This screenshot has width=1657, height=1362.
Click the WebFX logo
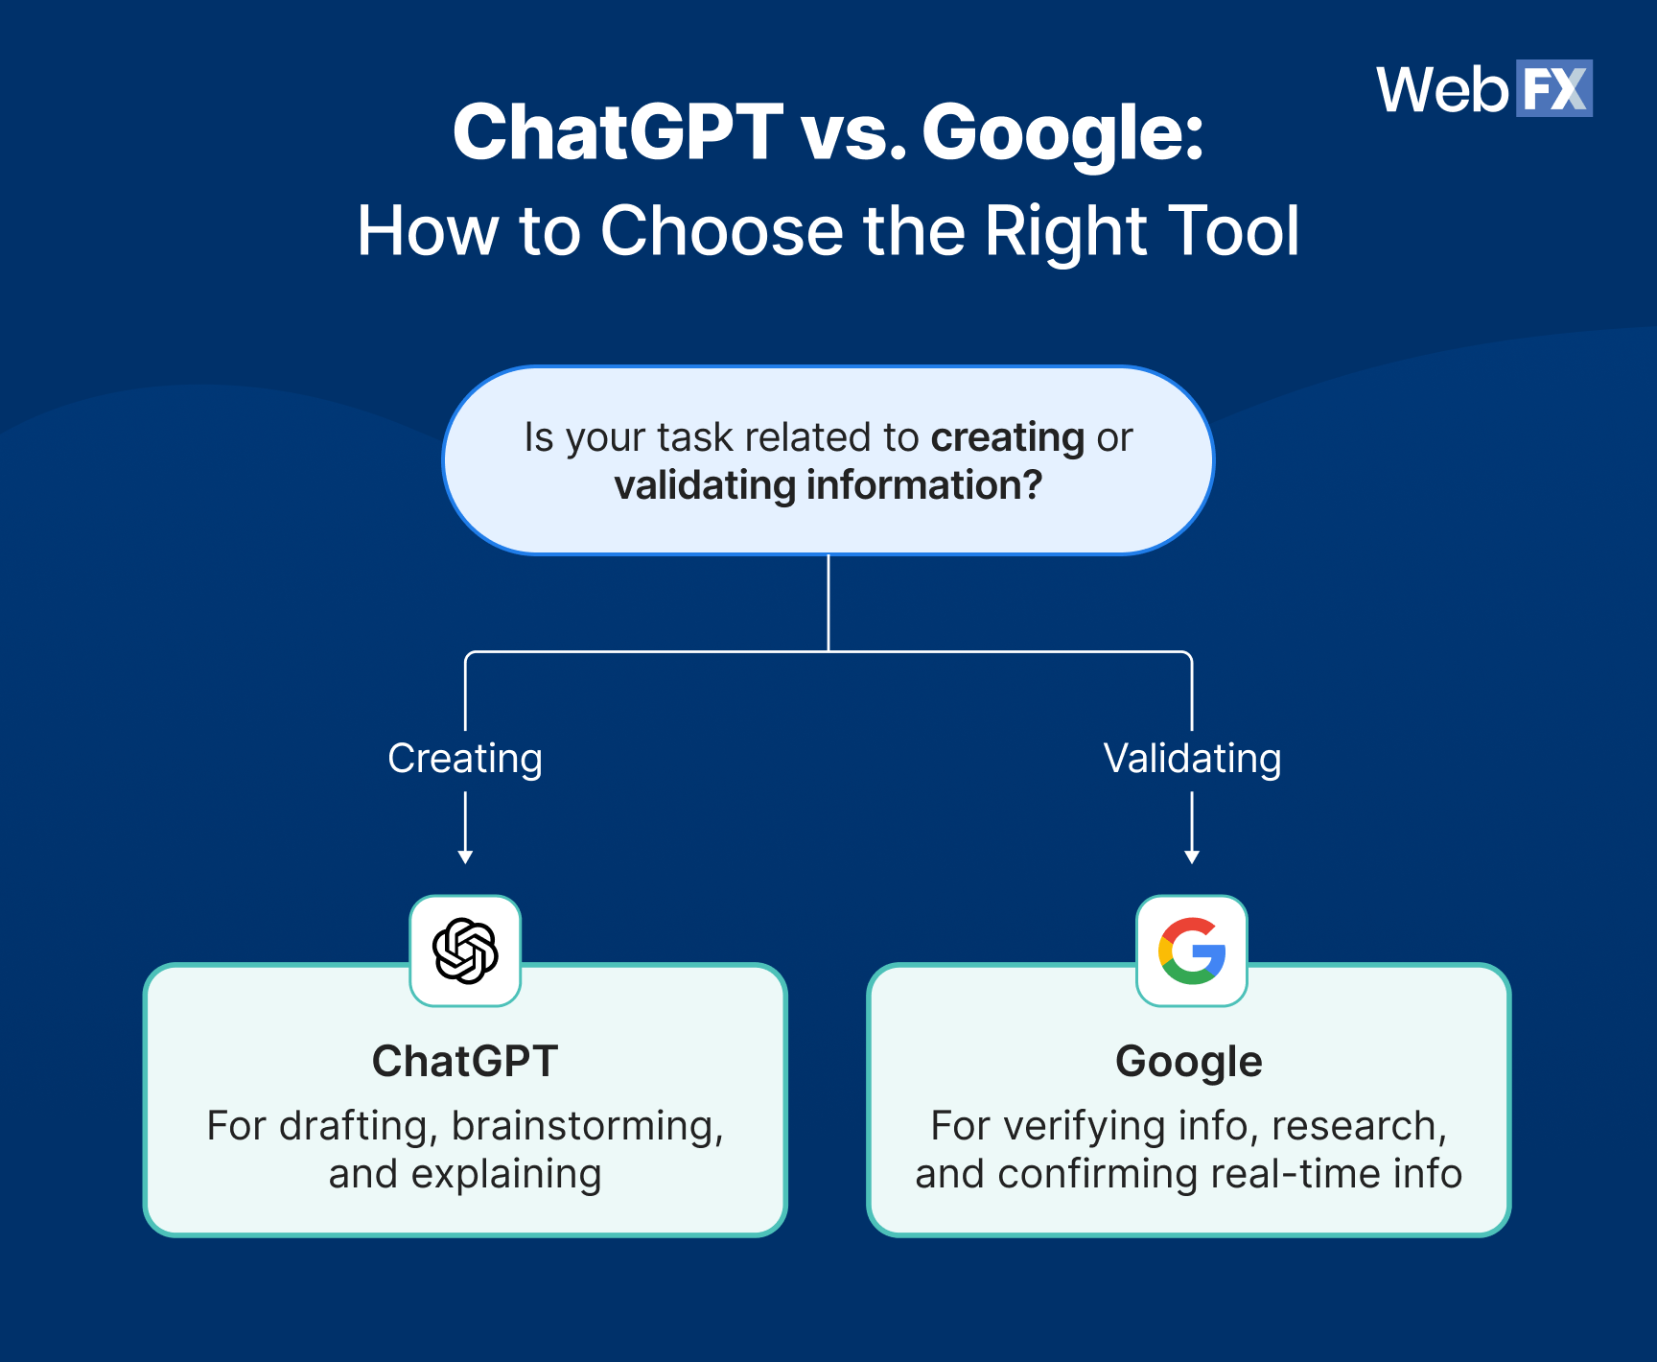1483,89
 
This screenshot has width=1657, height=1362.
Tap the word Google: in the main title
1062,133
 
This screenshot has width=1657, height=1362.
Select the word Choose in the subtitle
721,231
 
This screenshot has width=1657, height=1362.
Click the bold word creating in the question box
1007,437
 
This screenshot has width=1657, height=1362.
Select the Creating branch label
465,759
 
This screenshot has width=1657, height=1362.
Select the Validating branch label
1192,759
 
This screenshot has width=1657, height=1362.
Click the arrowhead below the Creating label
465,857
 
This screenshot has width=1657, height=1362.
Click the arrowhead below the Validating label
1192,857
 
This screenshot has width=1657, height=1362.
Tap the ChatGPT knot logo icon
465,951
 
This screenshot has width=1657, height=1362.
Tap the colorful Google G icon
1192,951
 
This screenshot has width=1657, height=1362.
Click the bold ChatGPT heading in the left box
465,1062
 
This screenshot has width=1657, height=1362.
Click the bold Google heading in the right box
1189,1062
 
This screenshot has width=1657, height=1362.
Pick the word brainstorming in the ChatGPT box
587,1126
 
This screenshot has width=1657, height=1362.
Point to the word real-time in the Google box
1294,1174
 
